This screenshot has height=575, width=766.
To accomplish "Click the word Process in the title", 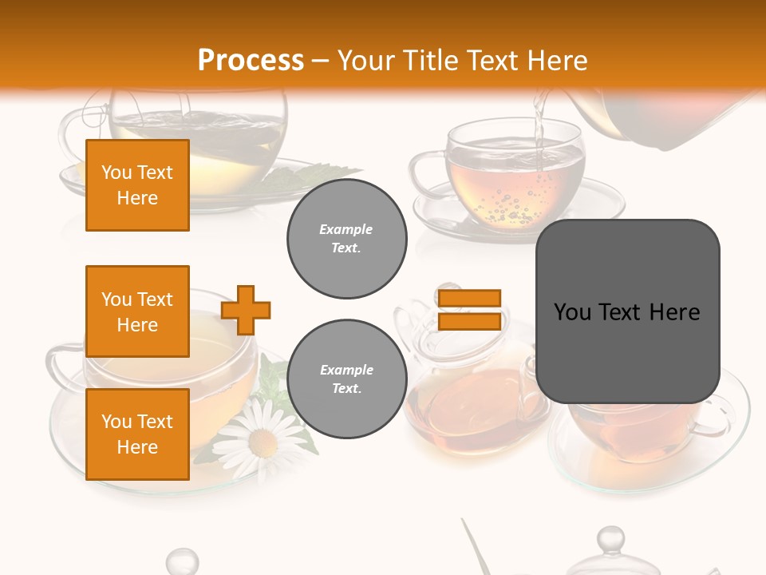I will pyautogui.click(x=251, y=61).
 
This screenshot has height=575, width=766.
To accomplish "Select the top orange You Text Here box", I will pyautogui.click(x=137, y=185).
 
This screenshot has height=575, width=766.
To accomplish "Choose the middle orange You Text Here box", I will pyautogui.click(x=137, y=311).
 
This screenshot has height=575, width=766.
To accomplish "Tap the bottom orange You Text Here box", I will pyautogui.click(x=137, y=434).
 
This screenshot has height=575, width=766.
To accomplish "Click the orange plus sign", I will pyautogui.click(x=246, y=310).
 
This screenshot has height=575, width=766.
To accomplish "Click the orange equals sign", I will pyautogui.click(x=469, y=310).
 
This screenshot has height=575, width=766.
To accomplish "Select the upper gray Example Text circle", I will pyautogui.click(x=346, y=239).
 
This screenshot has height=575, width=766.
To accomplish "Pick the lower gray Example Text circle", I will pyautogui.click(x=346, y=379).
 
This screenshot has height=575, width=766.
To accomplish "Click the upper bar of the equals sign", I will pyautogui.click(x=469, y=299).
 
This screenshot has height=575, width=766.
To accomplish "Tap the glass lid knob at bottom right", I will pyautogui.click(x=610, y=539).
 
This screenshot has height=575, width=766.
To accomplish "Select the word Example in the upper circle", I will pyautogui.click(x=346, y=229).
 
